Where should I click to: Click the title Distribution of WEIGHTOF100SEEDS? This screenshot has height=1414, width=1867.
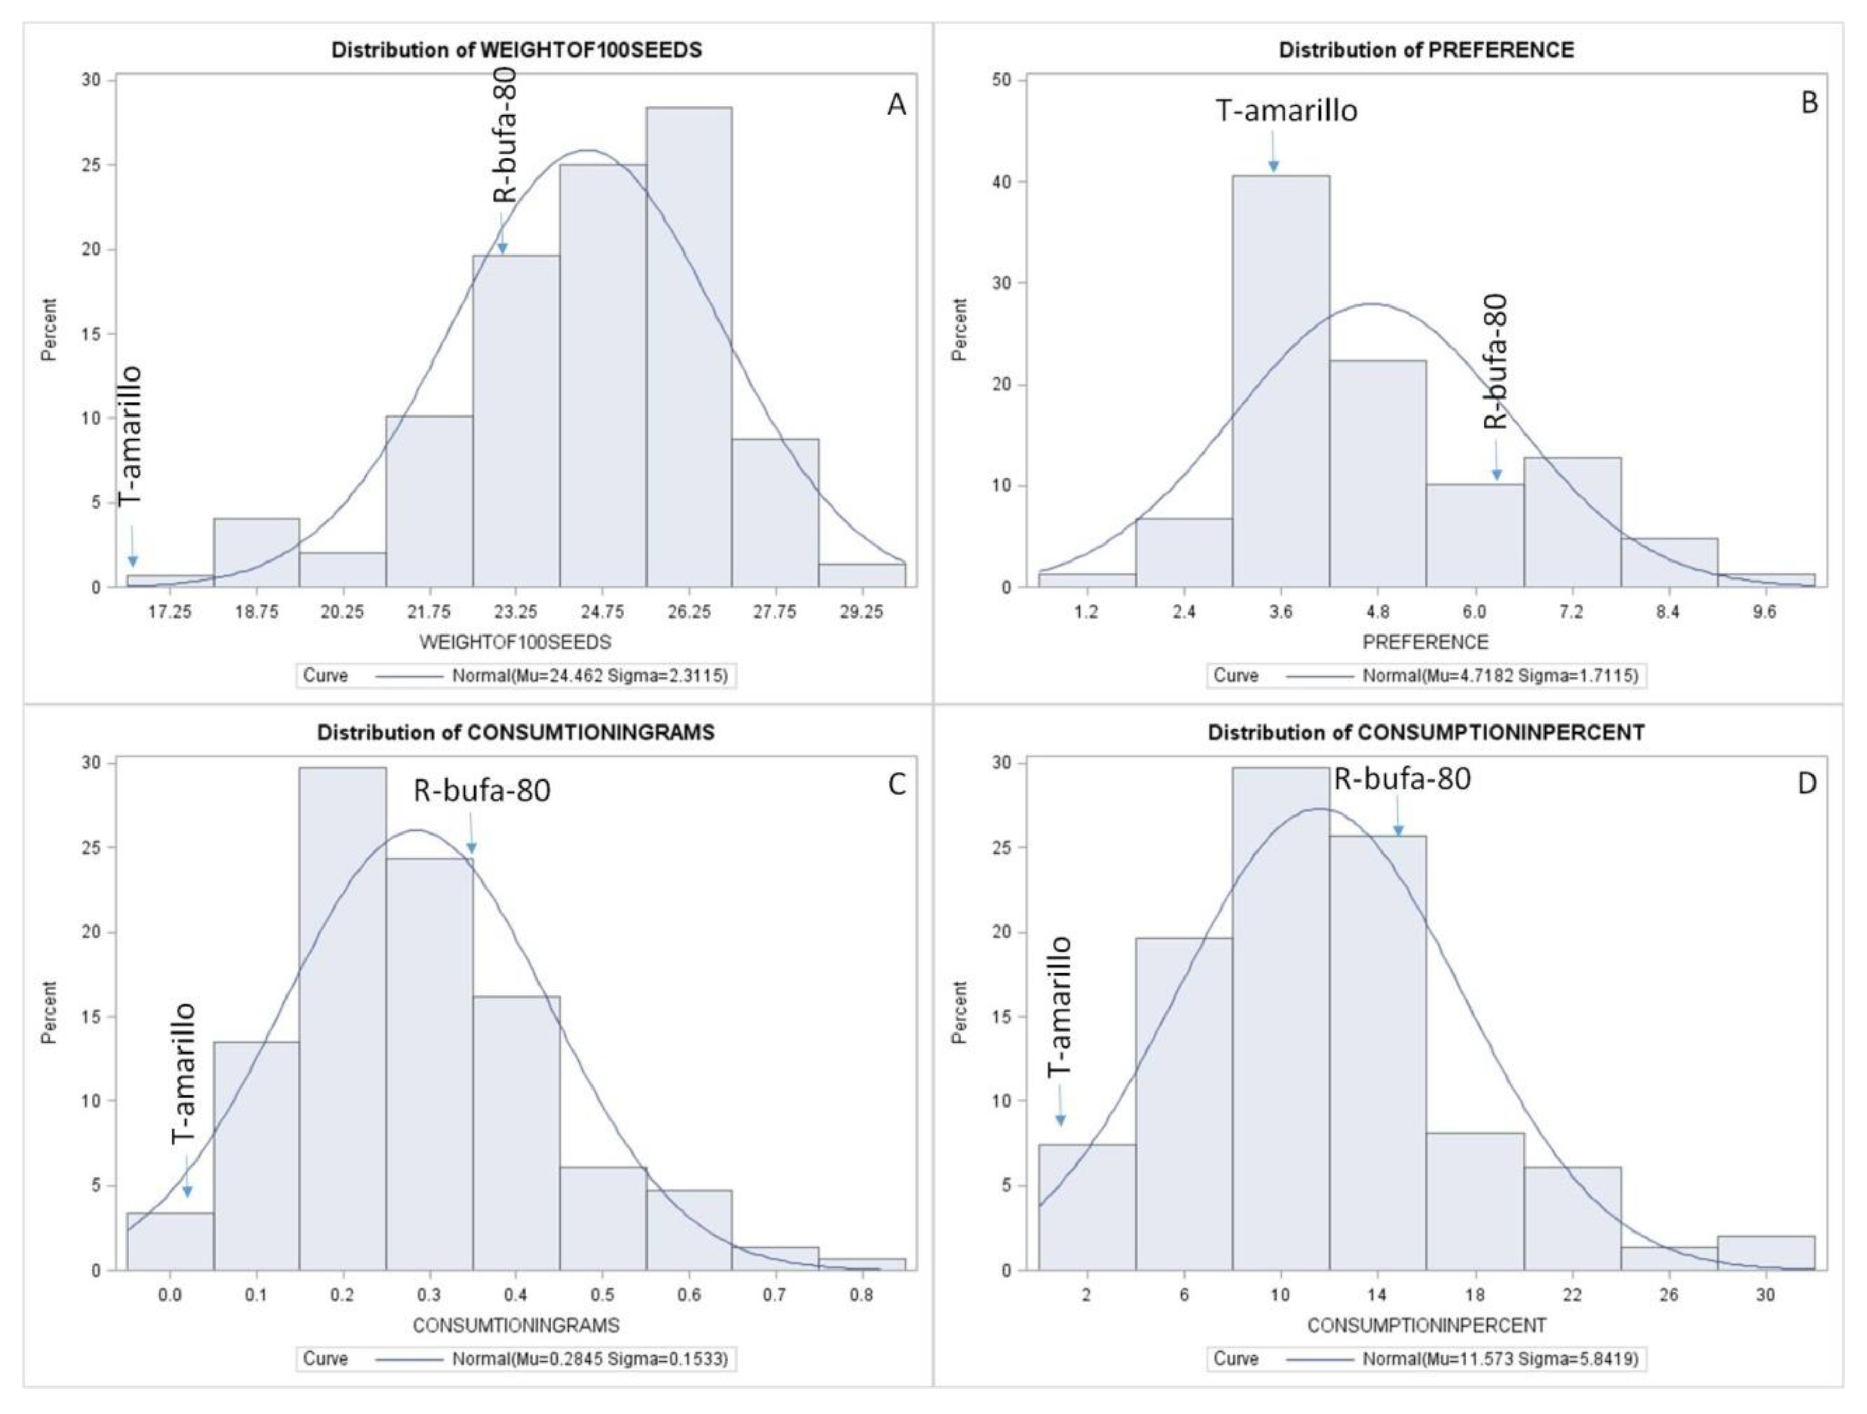coord(516,50)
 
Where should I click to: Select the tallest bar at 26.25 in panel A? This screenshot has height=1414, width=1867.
coord(689,346)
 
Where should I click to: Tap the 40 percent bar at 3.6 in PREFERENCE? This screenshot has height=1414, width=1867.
coord(1280,379)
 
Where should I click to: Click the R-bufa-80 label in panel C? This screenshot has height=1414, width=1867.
coord(481,790)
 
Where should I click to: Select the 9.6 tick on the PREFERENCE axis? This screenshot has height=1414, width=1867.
coord(1764,612)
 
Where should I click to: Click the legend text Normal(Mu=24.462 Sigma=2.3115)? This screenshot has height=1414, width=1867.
coord(589,676)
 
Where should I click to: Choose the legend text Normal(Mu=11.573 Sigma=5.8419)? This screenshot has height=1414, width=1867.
coord(1500,1359)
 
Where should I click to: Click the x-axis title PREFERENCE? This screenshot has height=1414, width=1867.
coord(1426,643)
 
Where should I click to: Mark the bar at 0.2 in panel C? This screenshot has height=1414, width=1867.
coord(343,1021)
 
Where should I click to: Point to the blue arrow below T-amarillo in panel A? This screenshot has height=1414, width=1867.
coord(133,547)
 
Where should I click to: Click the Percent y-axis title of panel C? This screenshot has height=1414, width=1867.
coord(49,1012)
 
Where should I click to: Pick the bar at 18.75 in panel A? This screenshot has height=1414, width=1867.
coord(257,553)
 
